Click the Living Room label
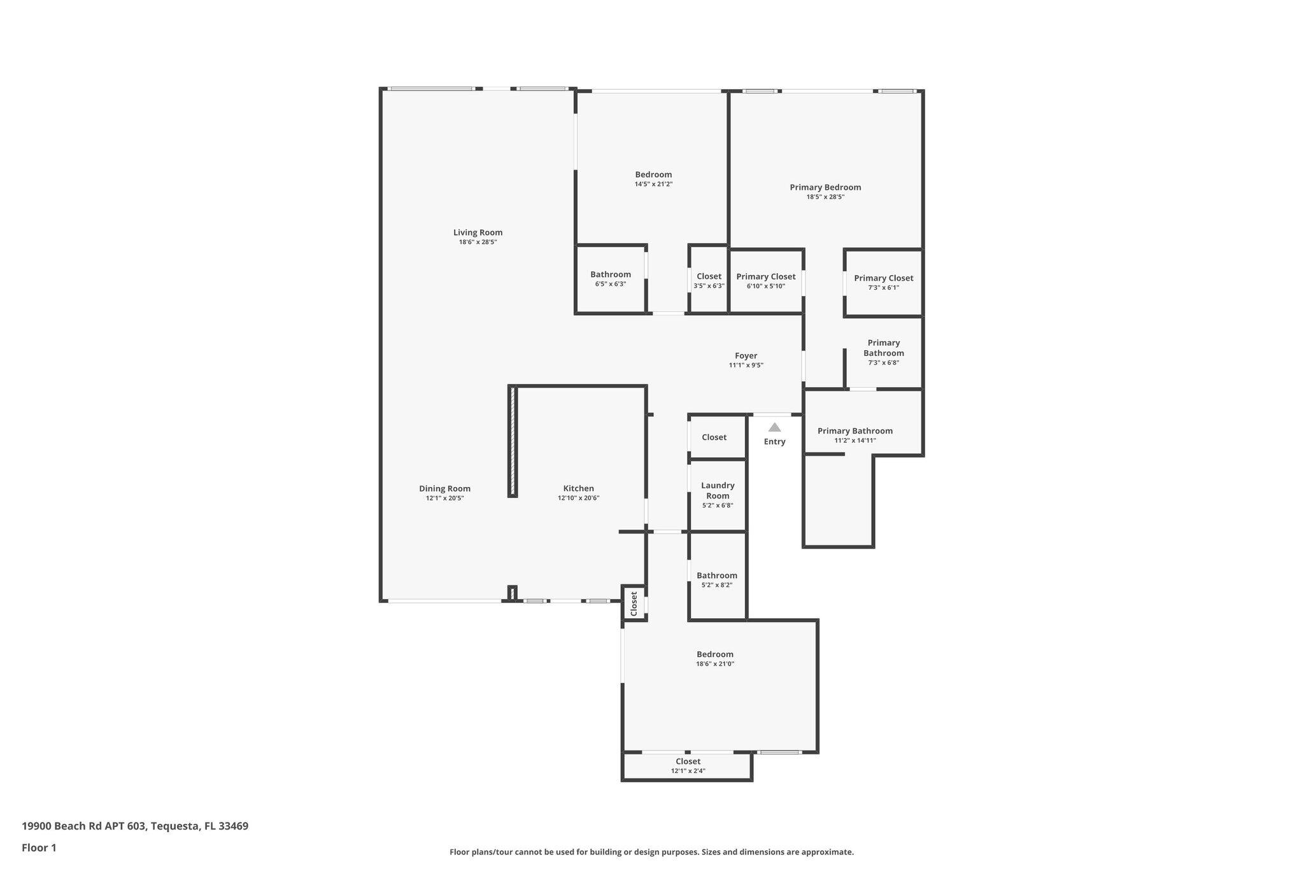pos(478,232)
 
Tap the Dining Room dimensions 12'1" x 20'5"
pos(444,498)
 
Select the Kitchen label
pos(578,489)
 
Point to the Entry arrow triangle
pos(774,427)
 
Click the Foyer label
pos(746,356)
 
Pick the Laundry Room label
pos(718,491)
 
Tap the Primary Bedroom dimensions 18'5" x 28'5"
pos(825,197)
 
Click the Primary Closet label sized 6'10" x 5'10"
pos(766,277)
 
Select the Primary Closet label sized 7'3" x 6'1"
pos(884,278)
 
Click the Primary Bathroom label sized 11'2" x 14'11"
pos(855,431)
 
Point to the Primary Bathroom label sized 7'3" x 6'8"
pos(884,348)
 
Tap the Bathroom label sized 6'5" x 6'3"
pos(611,274)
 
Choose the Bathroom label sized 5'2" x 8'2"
pos(717,576)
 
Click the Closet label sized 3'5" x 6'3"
pos(709,276)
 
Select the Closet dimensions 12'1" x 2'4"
pos(688,771)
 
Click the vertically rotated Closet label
pos(634,604)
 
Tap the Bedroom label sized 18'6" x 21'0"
pos(715,654)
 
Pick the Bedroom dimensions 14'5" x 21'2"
pos(653,185)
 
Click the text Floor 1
pos(39,848)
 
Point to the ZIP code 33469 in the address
pos(233,826)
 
